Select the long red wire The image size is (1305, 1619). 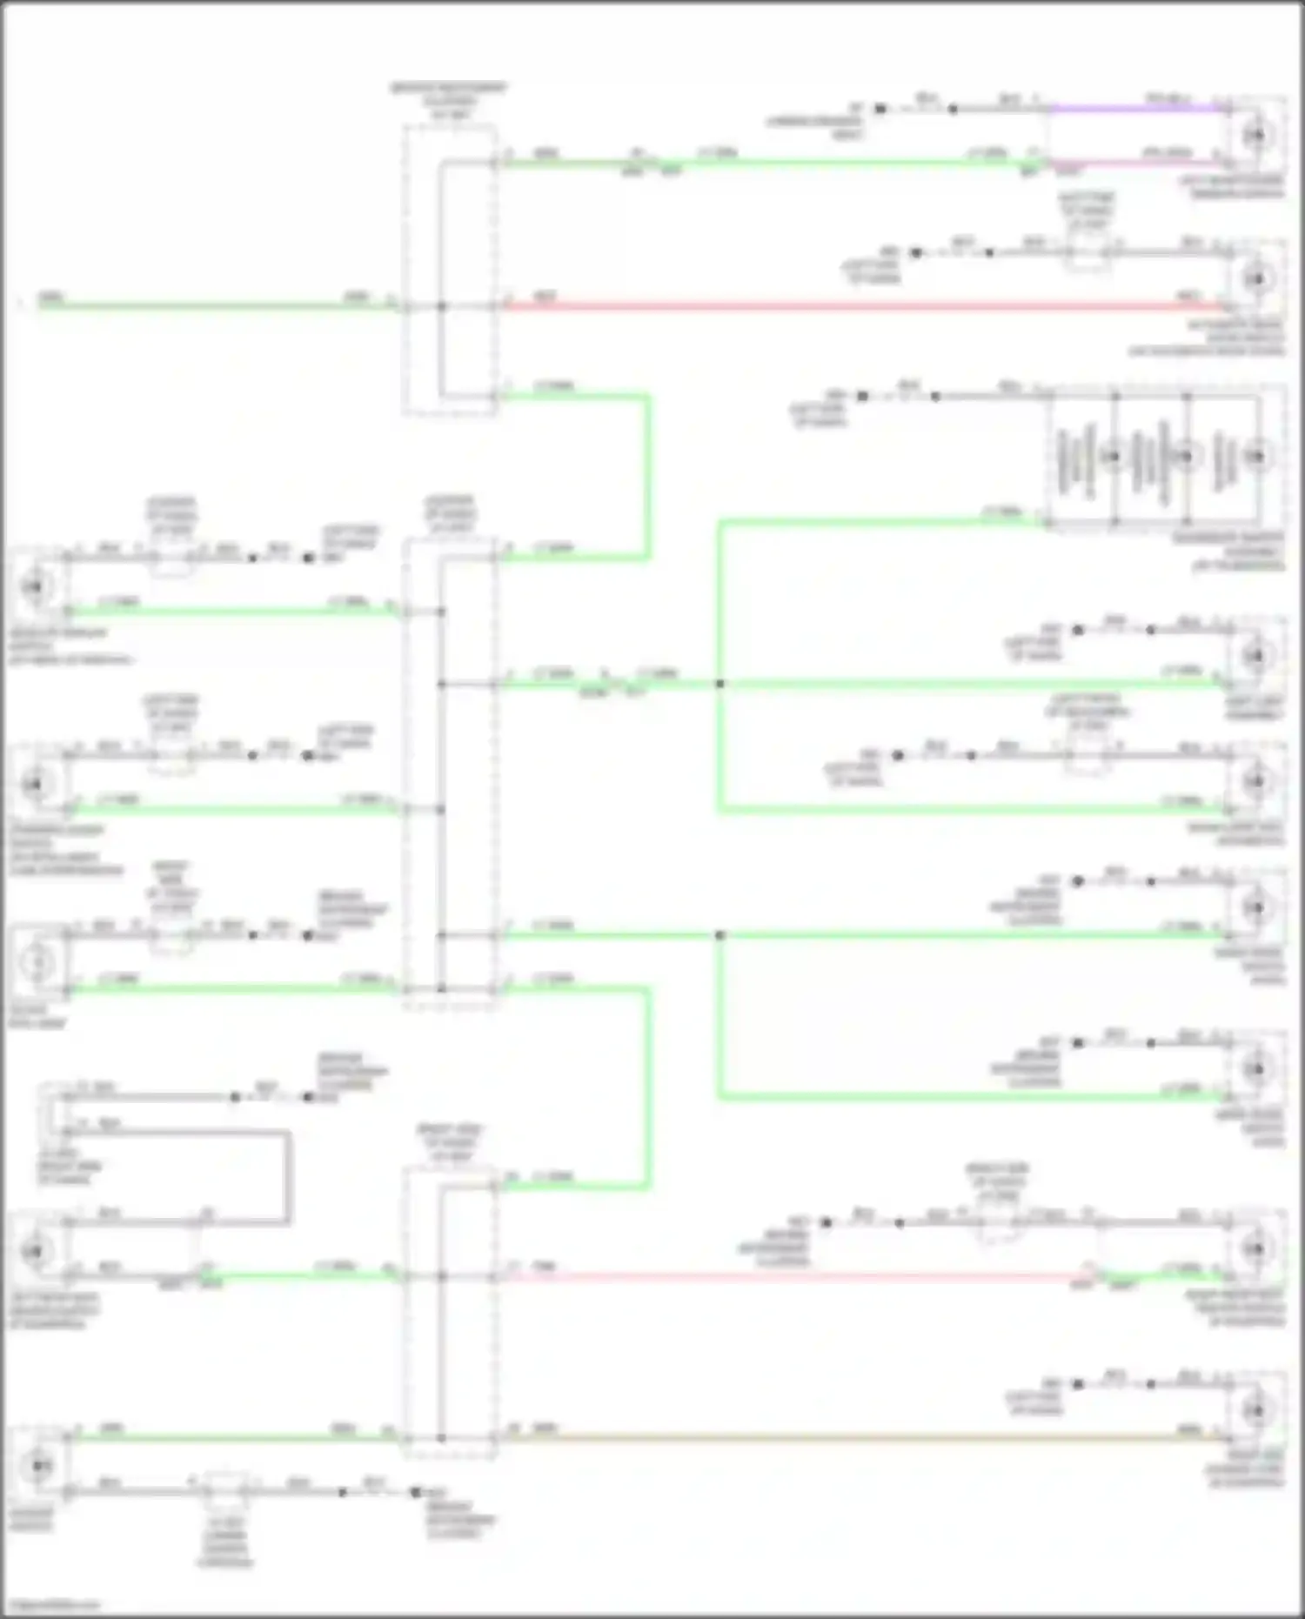pos(861,306)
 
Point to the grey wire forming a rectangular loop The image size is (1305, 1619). pos(287,1174)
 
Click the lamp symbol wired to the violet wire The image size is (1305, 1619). pos(1255,136)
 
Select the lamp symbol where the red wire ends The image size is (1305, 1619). pos(1255,278)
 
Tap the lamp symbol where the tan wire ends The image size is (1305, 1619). pos(1255,1408)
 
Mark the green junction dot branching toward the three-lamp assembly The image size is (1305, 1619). pos(719,685)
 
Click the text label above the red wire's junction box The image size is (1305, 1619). pos(449,101)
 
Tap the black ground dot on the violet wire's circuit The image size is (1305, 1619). pos(880,110)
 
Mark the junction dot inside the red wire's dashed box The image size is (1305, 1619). pos(441,306)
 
